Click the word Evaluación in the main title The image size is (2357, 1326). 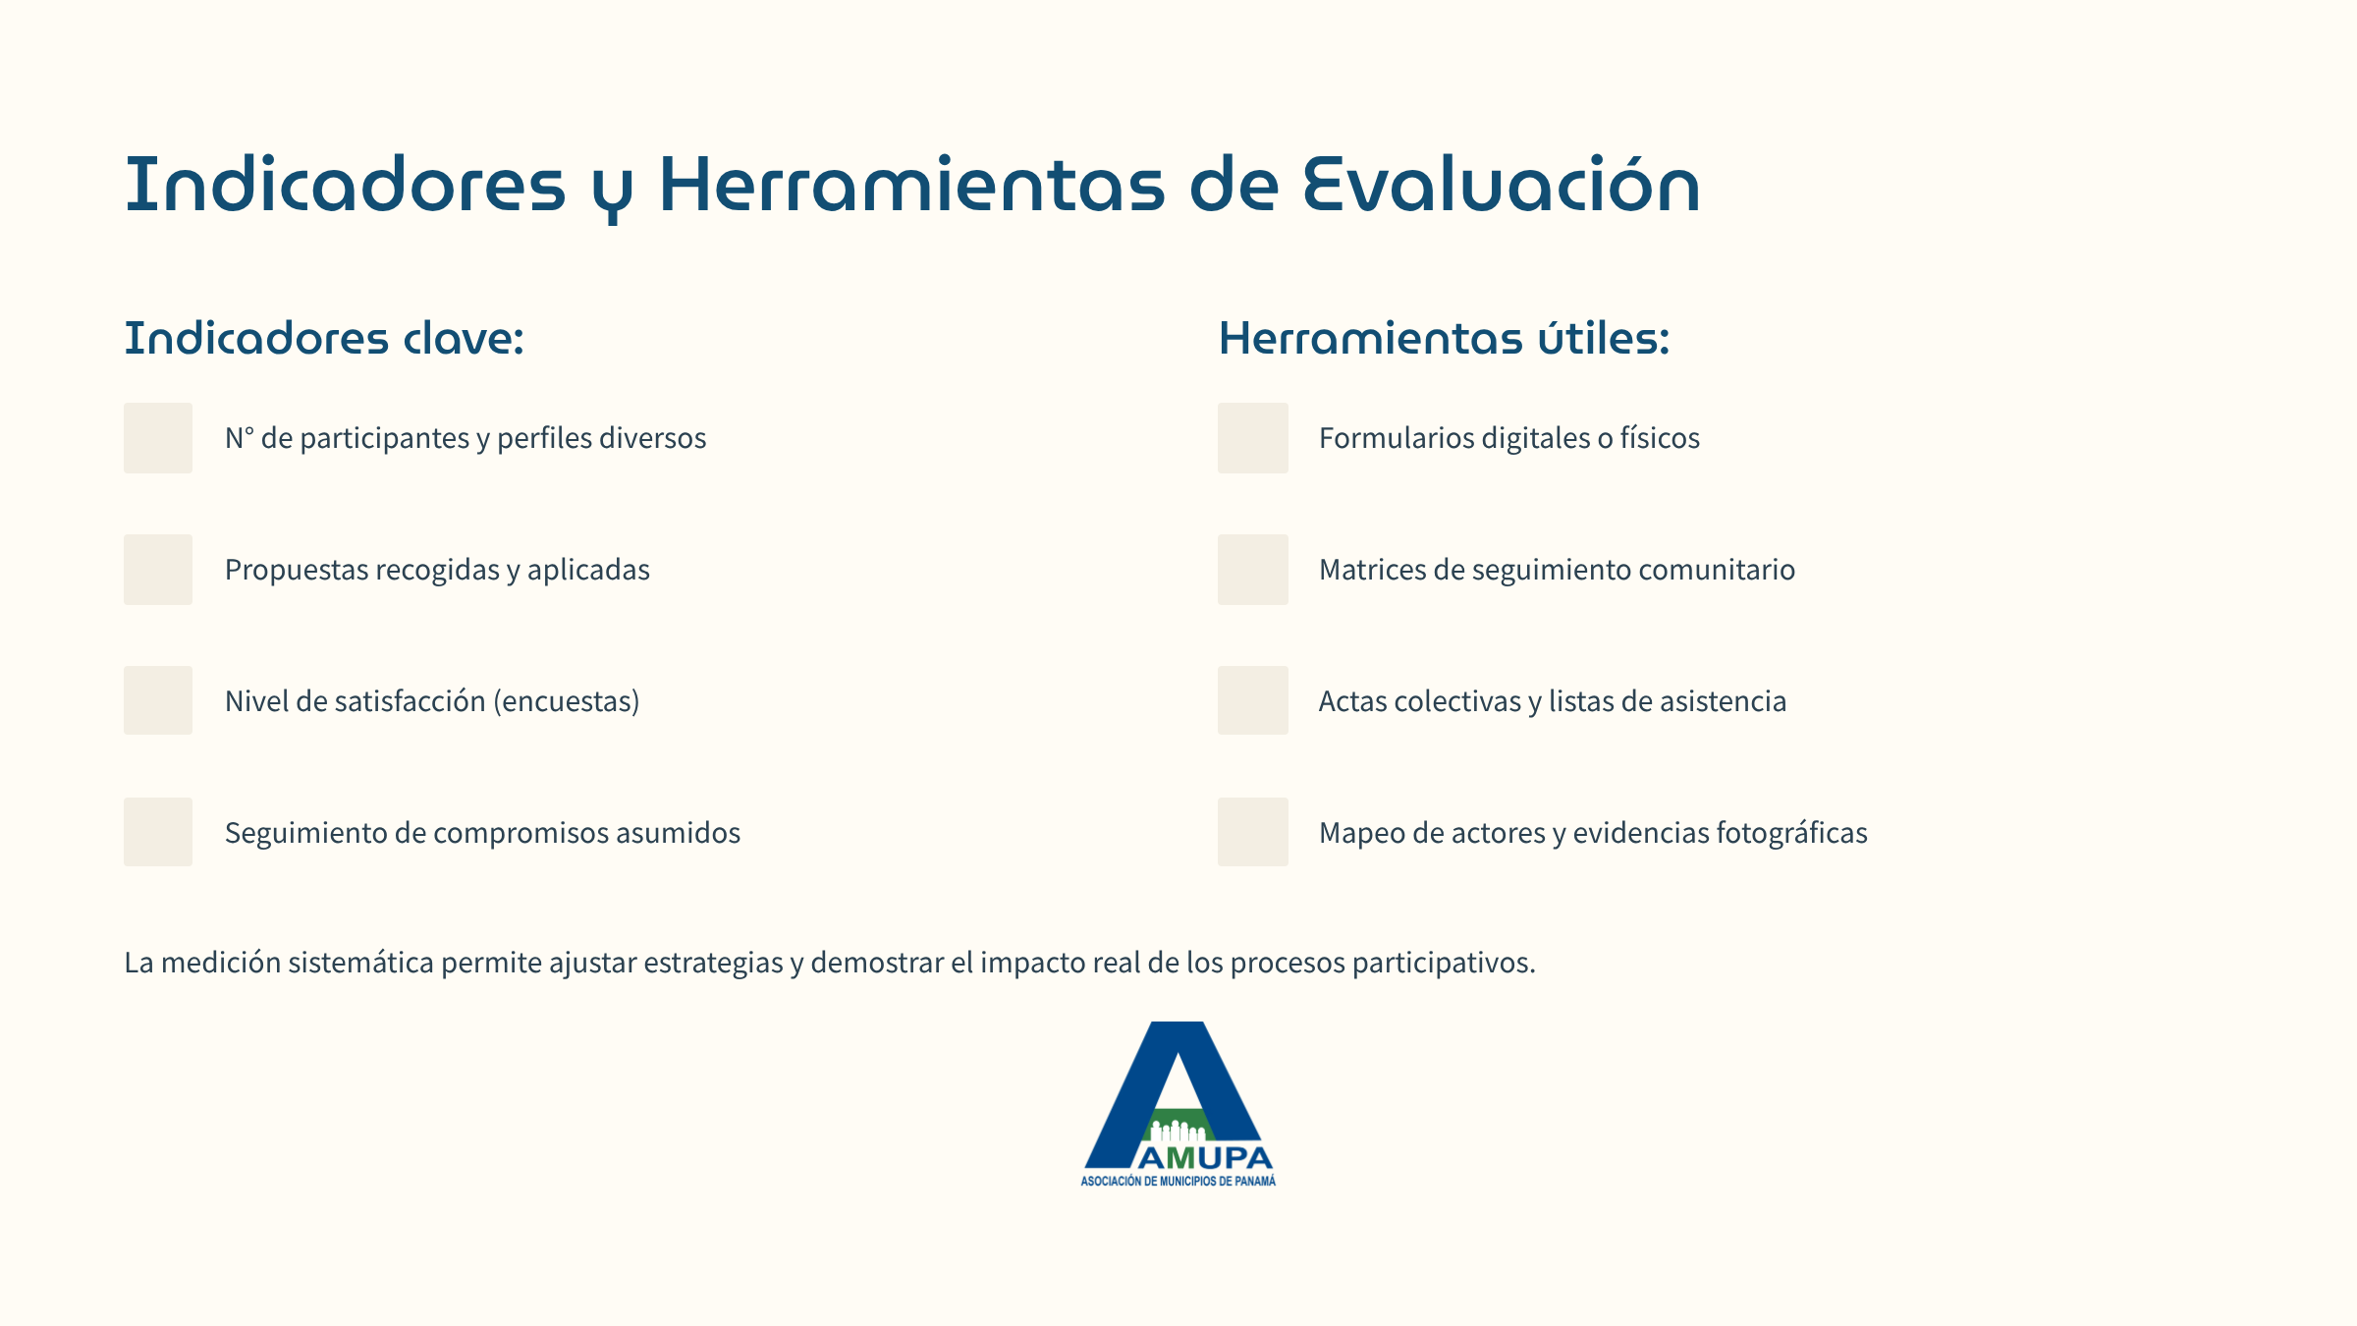pyautogui.click(x=1502, y=184)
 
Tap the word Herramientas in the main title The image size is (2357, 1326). pyautogui.click(x=911, y=184)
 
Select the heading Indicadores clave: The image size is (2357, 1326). pyautogui.click(x=324, y=338)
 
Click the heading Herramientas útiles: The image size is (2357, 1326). pyautogui.click(x=1444, y=338)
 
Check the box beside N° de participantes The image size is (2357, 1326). pyautogui.click(x=158, y=438)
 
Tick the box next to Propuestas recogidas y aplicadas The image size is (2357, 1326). pyautogui.click(x=158, y=570)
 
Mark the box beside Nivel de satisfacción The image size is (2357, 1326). pyautogui.click(x=158, y=700)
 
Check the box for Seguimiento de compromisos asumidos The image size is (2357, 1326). pyautogui.click(x=158, y=832)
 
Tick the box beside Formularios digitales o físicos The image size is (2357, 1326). pyautogui.click(x=1253, y=438)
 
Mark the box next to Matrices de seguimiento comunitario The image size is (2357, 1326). pyautogui.click(x=1253, y=570)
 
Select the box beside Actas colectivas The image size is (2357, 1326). pyautogui.click(x=1253, y=700)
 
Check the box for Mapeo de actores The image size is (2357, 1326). pyautogui.click(x=1253, y=832)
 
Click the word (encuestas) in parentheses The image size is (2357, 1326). pyautogui.click(x=567, y=701)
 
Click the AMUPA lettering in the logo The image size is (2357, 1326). pyautogui.click(x=1205, y=1158)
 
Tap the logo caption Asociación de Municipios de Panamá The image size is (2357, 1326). pyautogui.click(x=1178, y=1182)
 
